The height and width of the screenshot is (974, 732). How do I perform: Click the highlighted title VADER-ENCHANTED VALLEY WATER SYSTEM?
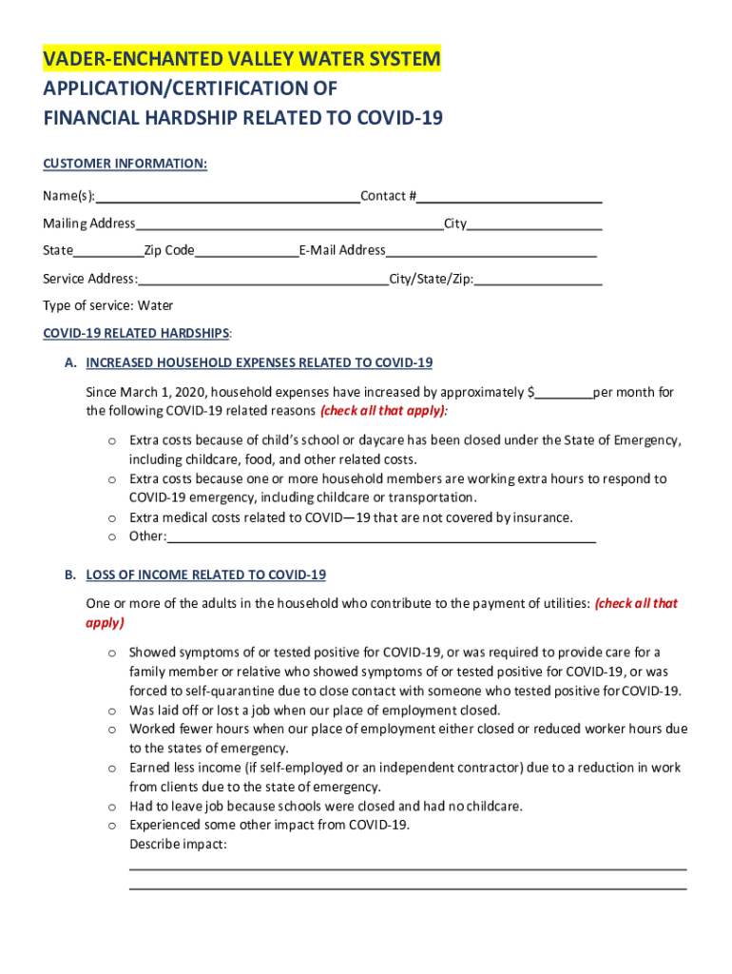[x=241, y=60]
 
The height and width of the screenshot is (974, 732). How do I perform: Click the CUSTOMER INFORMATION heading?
[x=125, y=164]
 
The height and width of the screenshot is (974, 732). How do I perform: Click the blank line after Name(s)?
[x=227, y=198]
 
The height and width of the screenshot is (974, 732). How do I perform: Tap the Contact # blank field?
[x=510, y=198]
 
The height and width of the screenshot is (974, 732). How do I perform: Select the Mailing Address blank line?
[x=289, y=225]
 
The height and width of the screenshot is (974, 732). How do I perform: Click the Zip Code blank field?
[x=246, y=252]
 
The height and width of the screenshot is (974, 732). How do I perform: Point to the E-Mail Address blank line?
[x=491, y=252]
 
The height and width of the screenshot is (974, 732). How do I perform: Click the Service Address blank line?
[x=263, y=281]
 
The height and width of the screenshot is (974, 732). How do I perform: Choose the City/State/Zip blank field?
[x=538, y=281]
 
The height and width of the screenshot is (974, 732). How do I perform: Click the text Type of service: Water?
[x=108, y=305]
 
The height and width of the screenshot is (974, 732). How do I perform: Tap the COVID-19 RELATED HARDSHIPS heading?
[x=136, y=334]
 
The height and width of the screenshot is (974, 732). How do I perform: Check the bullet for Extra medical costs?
[x=111, y=518]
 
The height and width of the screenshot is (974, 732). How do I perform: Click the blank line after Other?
[x=380, y=538]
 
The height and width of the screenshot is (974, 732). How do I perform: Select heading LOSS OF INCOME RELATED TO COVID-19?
[x=205, y=575]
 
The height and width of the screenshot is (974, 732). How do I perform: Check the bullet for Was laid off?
[x=111, y=711]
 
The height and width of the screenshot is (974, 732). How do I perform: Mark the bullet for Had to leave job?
[x=111, y=807]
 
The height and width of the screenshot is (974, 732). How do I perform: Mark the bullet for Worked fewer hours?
[x=111, y=730]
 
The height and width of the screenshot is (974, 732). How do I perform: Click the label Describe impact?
[x=178, y=844]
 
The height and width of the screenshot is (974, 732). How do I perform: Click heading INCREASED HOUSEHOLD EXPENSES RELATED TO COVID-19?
[x=259, y=362]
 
